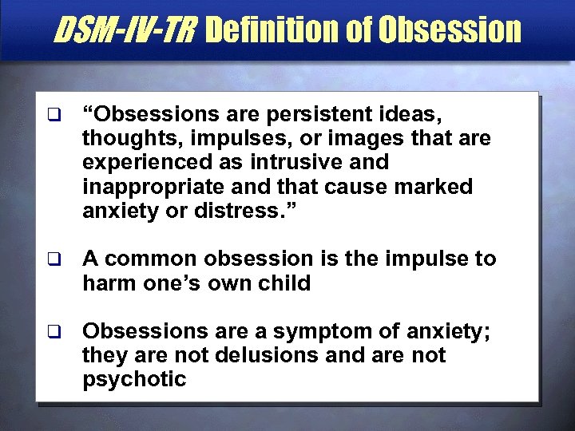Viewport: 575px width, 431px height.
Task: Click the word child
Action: pos(284,283)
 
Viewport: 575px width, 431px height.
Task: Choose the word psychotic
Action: pos(134,379)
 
